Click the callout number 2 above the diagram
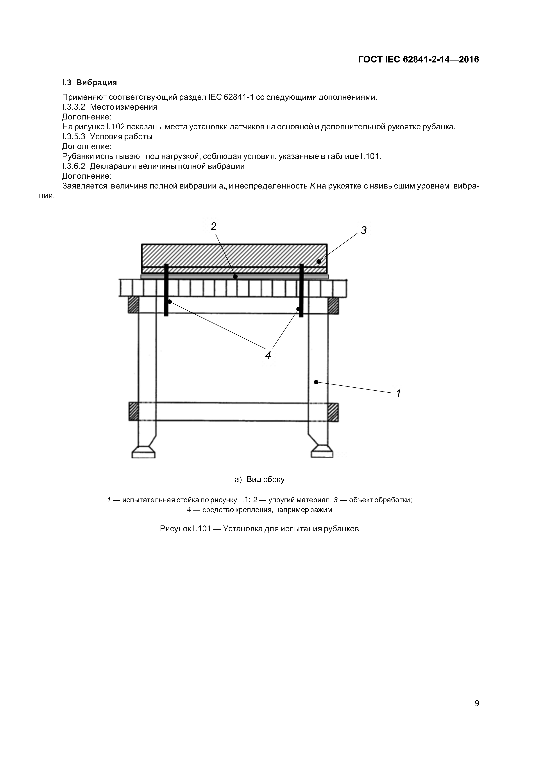pos(213,227)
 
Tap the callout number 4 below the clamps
pos(268,355)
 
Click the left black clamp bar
pos(166,290)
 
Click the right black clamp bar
pos(301,290)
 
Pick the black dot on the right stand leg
pos(316,382)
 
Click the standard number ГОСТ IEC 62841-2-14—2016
pos(419,60)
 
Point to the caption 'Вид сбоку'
pos(265,479)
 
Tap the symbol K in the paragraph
pos(312,186)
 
